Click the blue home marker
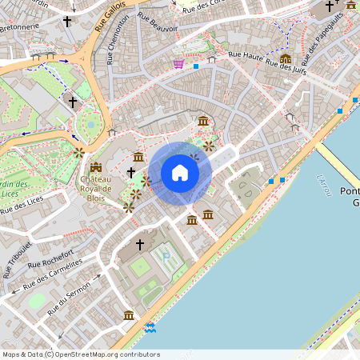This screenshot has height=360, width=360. [x=180, y=173]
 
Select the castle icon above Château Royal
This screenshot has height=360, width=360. [x=96, y=167]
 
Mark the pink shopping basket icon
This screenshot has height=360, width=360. [x=178, y=63]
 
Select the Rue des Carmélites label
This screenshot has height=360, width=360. [x=52, y=274]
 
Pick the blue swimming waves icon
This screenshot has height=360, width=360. [x=150, y=327]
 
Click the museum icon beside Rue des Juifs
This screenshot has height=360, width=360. [x=285, y=58]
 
